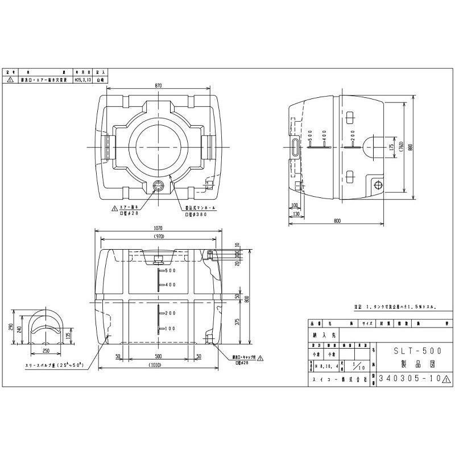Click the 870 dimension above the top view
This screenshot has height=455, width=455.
(158, 85)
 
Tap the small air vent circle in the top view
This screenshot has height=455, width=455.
(159, 185)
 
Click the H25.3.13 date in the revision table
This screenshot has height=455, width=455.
(82, 81)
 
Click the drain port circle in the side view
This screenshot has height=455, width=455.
(377, 184)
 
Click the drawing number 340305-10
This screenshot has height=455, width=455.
(406, 378)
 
